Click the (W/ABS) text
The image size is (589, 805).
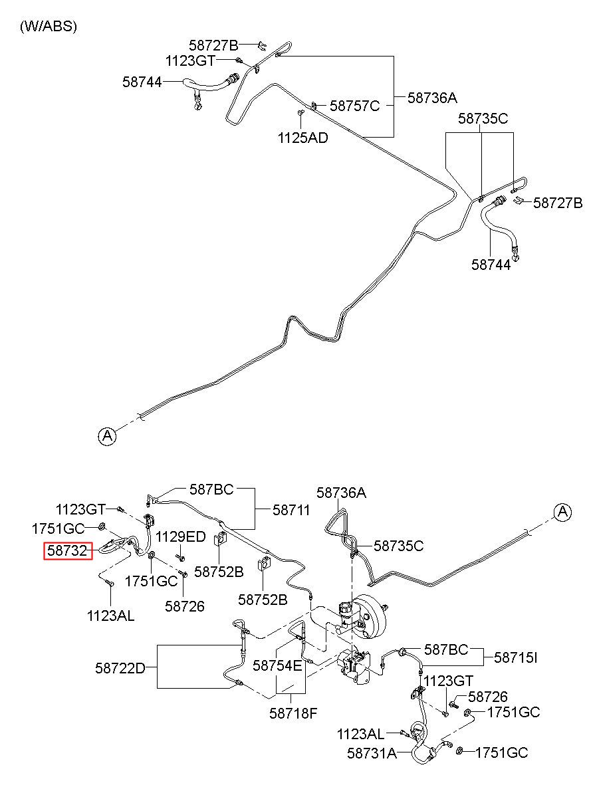coord(48,26)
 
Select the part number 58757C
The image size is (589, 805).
coord(354,106)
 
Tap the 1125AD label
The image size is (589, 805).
coord(302,138)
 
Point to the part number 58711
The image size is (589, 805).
coord(291,510)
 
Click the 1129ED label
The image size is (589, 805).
coord(180,536)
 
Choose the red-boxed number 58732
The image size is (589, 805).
coord(68,550)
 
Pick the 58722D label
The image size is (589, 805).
coord(120,668)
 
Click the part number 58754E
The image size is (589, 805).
coord(277,665)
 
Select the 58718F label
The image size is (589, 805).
coord(293,713)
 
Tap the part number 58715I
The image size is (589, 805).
coord(515,657)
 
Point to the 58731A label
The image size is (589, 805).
coord(372,753)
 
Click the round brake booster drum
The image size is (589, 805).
coord(372,617)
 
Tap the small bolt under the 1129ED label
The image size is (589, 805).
coord(180,557)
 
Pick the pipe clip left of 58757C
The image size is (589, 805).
coord(314,106)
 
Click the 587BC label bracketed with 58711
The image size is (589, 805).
coord(211,489)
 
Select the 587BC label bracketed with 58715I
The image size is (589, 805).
coord(446,649)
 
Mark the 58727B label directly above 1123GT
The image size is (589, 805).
coord(213,45)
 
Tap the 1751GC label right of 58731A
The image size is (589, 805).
coord(502,752)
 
